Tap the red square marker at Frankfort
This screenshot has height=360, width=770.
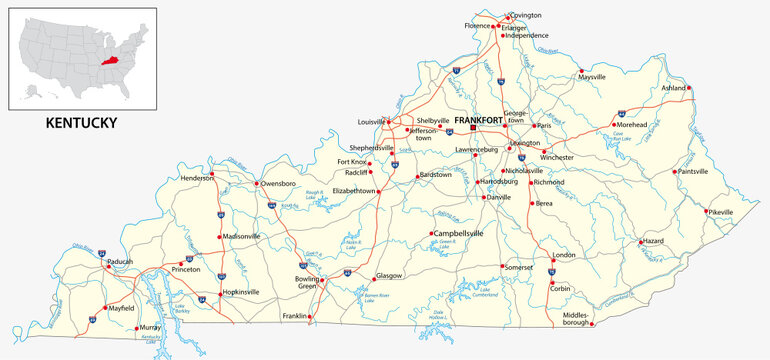tap(476, 128)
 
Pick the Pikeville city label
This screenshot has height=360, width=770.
tap(719, 212)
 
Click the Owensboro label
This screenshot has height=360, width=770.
tap(278, 184)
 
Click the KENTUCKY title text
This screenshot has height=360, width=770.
tap(82, 123)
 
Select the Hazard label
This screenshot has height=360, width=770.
tap(652, 241)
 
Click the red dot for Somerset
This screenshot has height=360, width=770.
tap(502, 266)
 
